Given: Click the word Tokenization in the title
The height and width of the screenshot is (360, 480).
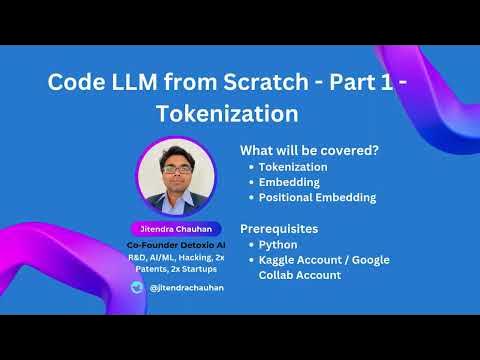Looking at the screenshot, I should (x=212, y=109).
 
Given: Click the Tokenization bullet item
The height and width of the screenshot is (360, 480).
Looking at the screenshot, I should (x=292, y=167).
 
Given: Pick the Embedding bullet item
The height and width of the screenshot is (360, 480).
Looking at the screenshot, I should (x=289, y=182).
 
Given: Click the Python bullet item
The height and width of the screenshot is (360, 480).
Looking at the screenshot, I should (x=277, y=243).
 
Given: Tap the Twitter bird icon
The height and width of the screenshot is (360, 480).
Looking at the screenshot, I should (x=137, y=286).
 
